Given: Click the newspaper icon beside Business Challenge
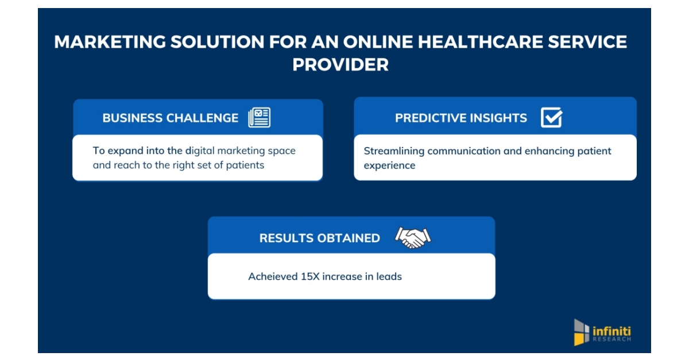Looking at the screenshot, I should pos(259,117).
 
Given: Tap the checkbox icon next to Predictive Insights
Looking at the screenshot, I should pos(551,117).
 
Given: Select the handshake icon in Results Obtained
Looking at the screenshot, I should pos(412,237).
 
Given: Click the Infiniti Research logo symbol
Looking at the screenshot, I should pos(582,332).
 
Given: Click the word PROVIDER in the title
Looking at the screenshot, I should pos(340,65).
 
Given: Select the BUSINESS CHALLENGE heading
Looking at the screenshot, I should pos(170,118).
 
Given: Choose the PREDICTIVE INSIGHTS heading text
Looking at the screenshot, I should pos(460,118).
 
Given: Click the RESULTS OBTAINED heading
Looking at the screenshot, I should pos(319,238).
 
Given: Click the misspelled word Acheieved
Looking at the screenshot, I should pos(273,277).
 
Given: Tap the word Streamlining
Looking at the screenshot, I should pos(393,151).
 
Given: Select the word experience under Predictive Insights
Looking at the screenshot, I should pos(389,165).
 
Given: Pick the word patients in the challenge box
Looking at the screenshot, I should pos(246,165).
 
